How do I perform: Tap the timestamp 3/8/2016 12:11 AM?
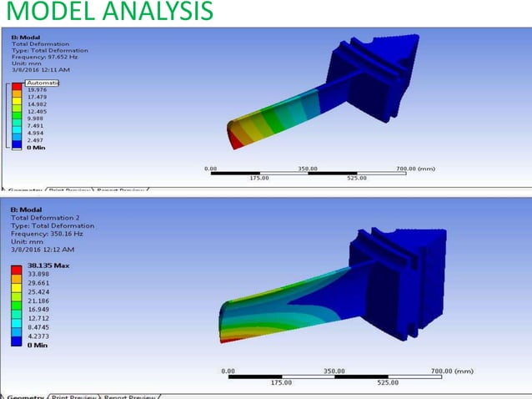(x=40, y=71)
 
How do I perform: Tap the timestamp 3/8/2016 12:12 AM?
(x=43, y=250)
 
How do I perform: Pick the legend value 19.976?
(x=37, y=90)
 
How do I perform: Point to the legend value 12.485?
(x=37, y=110)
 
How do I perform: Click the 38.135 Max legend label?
(x=48, y=265)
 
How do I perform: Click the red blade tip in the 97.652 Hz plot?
(x=238, y=143)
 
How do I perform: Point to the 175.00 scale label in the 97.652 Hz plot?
(x=259, y=178)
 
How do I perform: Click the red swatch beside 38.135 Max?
(x=17, y=268)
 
